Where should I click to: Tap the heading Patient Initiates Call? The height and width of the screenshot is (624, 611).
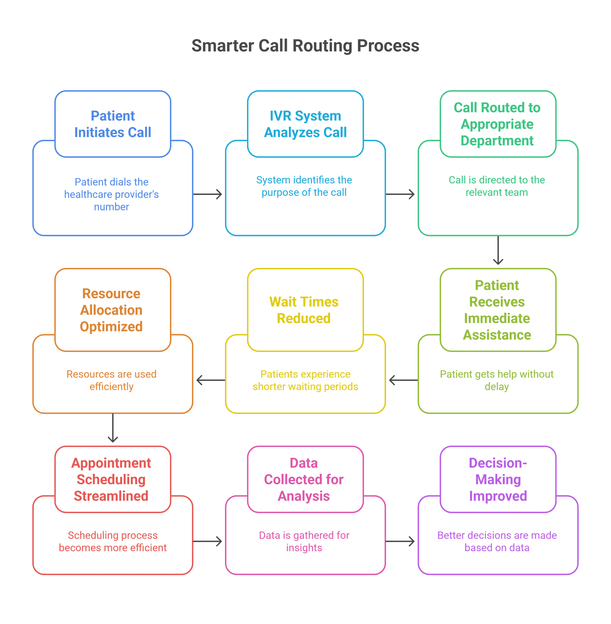(x=113, y=124)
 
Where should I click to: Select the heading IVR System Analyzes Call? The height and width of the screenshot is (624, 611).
(x=305, y=124)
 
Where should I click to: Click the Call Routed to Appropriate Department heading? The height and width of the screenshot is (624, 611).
(x=497, y=124)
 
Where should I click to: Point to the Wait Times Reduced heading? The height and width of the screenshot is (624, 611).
(x=304, y=310)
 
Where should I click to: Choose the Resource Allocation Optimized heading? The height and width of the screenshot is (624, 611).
(x=111, y=310)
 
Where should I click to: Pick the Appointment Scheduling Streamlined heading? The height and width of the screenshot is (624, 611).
(x=111, y=479)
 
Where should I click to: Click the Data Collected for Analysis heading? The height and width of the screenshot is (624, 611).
(x=304, y=479)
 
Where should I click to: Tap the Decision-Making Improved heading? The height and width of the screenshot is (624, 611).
(x=498, y=479)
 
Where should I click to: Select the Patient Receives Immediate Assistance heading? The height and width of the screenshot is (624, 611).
(x=497, y=310)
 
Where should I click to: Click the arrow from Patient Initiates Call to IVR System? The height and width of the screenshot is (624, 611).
(x=208, y=194)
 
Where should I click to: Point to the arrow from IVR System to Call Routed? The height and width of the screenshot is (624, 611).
(x=400, y=194)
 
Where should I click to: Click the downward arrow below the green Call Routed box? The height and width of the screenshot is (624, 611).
(x=498, y=251)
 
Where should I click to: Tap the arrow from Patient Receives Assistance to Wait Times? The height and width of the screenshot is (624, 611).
(x=403, y=380)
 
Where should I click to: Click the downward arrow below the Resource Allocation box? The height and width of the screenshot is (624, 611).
(x=113, y=428)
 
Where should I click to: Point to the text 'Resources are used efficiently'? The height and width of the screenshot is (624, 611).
(x=111, y=380)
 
